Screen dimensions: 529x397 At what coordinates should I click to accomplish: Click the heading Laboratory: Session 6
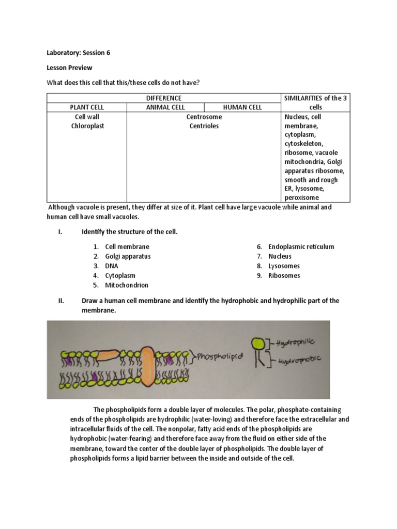[78, 53]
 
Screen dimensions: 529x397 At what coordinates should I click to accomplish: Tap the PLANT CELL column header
[87, 107]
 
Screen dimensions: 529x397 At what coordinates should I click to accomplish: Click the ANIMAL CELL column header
[165, 107]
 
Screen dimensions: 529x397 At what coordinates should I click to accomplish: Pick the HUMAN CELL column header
[242, 107]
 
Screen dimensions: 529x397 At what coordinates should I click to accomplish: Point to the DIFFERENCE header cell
[163, 98]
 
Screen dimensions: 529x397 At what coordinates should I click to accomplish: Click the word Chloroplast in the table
[87, 126]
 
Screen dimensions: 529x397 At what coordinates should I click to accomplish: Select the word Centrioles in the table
[203, 126]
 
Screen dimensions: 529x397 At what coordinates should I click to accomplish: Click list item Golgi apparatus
[128, 256]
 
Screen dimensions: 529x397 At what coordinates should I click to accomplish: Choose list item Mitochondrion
[126, 285]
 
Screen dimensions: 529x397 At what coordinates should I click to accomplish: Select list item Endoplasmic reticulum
[301, 246]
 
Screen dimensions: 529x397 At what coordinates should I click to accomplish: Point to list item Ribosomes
[284, 275]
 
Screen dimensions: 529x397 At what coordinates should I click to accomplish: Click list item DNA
[112, 266]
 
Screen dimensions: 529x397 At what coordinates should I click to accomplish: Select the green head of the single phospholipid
[257, 343]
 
